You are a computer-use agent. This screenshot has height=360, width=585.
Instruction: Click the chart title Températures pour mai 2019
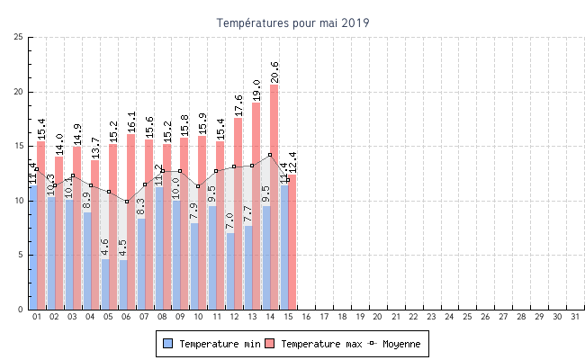point(292,22)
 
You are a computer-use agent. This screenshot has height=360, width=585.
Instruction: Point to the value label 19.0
point(256,90)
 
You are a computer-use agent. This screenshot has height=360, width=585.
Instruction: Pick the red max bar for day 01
point(40,225)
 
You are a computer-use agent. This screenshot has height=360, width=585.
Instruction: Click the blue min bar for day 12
point(230,271)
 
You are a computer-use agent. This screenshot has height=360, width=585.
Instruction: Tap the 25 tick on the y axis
point(19,37)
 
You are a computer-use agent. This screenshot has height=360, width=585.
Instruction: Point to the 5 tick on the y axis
point(21,255)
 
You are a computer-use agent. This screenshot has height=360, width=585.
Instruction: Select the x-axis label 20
point(377,317)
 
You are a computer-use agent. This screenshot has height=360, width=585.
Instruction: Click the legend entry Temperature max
point(314,344)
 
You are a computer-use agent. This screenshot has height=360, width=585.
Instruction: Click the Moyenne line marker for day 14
point(270,155)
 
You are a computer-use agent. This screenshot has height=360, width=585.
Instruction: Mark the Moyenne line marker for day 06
point(127,201)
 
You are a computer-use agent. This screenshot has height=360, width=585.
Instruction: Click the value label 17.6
point(238,105)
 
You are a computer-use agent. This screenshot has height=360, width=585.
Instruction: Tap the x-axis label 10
point(198,317)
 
